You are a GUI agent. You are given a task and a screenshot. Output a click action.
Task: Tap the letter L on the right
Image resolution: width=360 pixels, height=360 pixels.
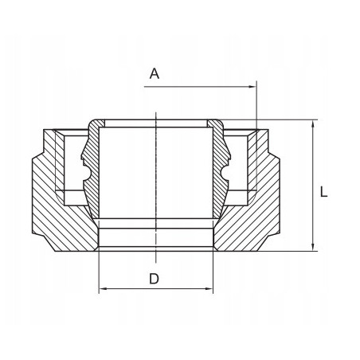coord(324,192)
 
